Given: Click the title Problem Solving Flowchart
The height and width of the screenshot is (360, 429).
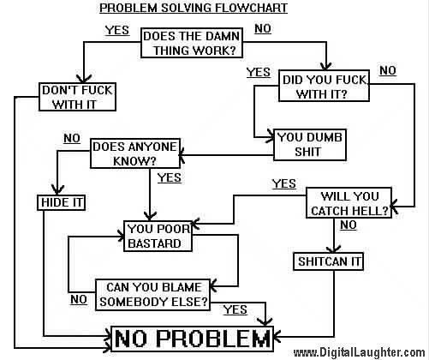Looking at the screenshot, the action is pyautogui.click(x=194, y=8).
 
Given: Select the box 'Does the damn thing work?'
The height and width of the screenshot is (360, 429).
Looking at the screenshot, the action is pyautogui.click(x=192, y=43).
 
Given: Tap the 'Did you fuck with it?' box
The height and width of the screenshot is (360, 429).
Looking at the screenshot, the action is pyautogui.click(x=324, y=86).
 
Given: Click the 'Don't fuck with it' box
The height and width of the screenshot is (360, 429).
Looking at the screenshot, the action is pyautogui.click(x=77, y=97).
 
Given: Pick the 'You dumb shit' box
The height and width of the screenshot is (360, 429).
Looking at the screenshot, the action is pyautogui.click(x=310, y=145).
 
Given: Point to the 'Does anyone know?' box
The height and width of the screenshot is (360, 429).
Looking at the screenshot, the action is pyautogui.click(x=135, y=153).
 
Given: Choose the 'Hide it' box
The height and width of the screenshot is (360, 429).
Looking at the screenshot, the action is pyautogui.click(x=62, y=202).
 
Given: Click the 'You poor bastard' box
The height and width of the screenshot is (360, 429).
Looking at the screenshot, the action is pyautogui.click(x=158, y=236).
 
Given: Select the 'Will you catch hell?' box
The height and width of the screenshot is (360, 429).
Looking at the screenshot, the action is pyautogui.click(x=349, y=203).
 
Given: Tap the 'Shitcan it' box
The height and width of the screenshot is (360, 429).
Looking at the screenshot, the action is pyautogui.click(x=328, y=261).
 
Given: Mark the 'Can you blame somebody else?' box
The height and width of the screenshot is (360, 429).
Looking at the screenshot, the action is pyautogui.click(x=152, y=295).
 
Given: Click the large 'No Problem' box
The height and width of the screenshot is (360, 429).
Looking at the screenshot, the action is pyautogui.click(x=192, y=339).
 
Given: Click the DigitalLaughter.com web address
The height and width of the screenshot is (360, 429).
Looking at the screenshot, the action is pyautogui.click(x=360, y=352).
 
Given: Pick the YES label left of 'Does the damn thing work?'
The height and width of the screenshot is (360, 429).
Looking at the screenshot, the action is pyautogui.click(x=117, y=30).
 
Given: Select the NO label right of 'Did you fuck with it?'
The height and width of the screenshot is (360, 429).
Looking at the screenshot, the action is pyautogui.click(x=388, y=70).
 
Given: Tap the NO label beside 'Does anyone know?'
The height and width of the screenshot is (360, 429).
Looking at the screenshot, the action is pyautogui.click(x=72, y=138).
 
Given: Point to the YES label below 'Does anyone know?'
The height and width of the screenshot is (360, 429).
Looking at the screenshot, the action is pyautogui.click(x=170, y=177).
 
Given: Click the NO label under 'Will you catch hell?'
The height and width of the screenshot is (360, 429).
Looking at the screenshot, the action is pyautogui.click(x=349, y=225).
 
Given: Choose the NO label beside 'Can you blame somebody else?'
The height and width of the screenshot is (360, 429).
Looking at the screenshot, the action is pyautogui.click(x=79, y=300).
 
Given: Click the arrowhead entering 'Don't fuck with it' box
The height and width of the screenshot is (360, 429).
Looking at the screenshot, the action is pyautogui.click(x=84, y=78).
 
